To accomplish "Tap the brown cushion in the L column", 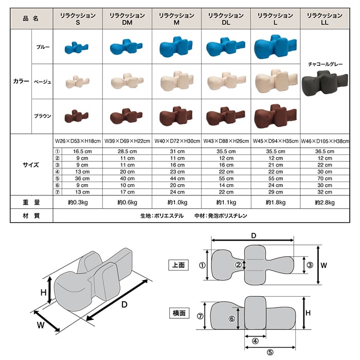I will (276, 115).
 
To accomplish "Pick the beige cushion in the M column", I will (177, 80).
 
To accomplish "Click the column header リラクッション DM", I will (128, 19).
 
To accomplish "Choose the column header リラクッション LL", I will (326, 19).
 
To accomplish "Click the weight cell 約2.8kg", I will (326, 203).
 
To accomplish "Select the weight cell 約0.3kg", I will (78, 203).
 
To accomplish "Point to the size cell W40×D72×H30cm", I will (177, 140).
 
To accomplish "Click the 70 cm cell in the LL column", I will (326, 178).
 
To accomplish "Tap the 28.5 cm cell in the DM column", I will (128, 151).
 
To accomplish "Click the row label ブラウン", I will (43, 116).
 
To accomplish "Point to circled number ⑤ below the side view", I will (270, 352).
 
